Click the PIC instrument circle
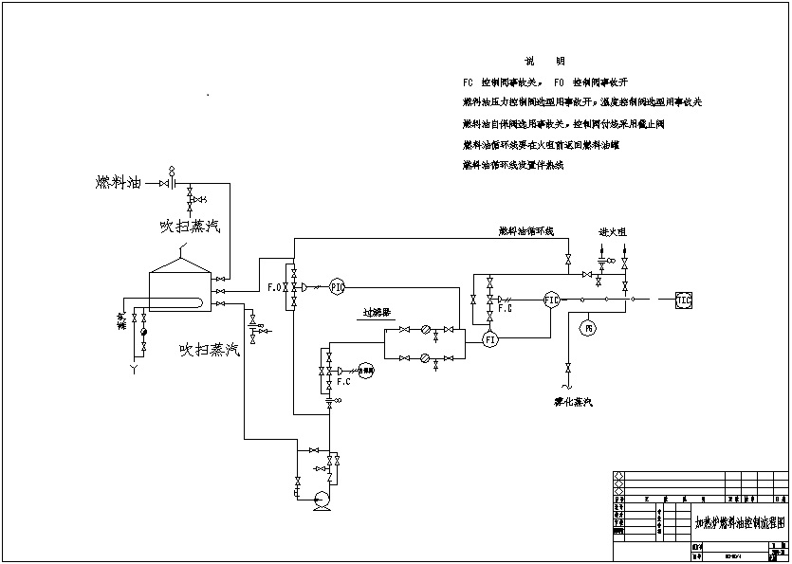(337, 287)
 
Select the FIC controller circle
(552, 300)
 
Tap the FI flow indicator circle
(490, 338)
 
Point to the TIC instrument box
(685, 300)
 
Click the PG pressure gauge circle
(587, 328)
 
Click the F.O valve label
(274, 286)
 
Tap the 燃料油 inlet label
(119, 181)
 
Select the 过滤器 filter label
(377, 312)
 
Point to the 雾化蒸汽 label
(574, 403)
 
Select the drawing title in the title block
(740, 522)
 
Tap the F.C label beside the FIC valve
(505, 308)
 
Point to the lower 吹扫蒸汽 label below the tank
(211, 350)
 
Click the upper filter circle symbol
(426, 330)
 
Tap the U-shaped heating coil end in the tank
(201, 303)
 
